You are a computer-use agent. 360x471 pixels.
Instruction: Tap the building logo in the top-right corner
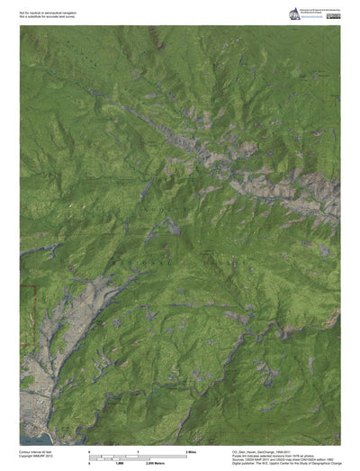click(x=293, y=13)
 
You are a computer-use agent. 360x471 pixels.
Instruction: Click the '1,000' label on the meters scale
click(x=118, y=459)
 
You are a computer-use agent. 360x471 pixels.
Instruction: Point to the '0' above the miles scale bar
click(x=89, y=448)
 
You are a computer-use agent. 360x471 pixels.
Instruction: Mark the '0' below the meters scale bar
click(x=89, y=459)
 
